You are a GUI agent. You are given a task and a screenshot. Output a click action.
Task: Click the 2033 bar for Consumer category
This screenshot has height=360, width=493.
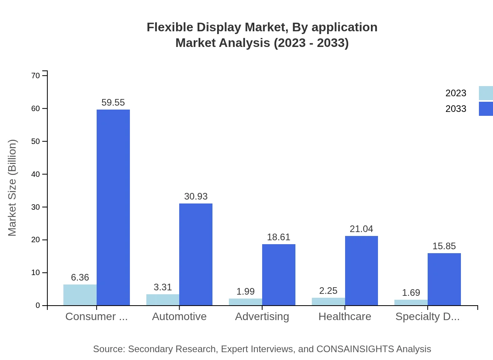tap(113, 207)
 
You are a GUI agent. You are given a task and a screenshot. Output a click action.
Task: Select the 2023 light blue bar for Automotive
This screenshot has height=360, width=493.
tap(163, 300)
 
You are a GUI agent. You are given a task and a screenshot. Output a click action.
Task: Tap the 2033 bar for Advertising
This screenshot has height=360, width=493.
tap(279, 275)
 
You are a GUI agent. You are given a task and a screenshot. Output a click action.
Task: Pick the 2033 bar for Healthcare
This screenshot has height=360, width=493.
tap(362, 270)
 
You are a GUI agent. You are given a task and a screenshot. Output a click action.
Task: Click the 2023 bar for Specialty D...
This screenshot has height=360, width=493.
tap(411, 302)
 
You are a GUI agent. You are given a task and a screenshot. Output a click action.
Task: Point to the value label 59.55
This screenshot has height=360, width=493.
tap(113, 103)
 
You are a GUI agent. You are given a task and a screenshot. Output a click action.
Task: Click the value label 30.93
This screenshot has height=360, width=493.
tap(196, 196)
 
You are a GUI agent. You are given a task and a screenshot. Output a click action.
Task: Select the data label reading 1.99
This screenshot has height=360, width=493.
tap(246, 292)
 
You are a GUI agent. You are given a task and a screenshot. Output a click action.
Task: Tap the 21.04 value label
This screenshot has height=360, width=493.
tap(362, 229)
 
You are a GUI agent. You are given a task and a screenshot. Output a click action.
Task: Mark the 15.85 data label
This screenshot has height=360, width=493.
tap(444, 247)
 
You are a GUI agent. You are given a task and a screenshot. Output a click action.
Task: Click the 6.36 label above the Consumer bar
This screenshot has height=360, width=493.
tap(80, 277)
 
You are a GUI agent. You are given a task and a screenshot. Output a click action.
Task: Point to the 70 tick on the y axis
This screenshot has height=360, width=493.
tap(36, 76)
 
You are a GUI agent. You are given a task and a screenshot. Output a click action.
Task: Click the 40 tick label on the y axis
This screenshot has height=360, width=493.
tap(36, 174)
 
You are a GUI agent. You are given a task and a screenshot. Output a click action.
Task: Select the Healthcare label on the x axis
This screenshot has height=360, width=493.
tap(345, 317)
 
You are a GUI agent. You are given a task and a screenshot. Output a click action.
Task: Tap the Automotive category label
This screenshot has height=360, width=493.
tap(179, 317)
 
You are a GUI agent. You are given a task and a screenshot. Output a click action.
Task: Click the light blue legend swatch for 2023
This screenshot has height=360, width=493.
tap(486, 93)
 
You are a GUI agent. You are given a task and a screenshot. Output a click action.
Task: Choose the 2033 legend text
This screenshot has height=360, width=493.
tap(456, 109)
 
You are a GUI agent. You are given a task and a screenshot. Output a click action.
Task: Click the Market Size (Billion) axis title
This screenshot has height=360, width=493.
tap(13, 188)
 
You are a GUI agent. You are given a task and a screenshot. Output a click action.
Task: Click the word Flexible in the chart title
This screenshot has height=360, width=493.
tap(170, 27)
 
